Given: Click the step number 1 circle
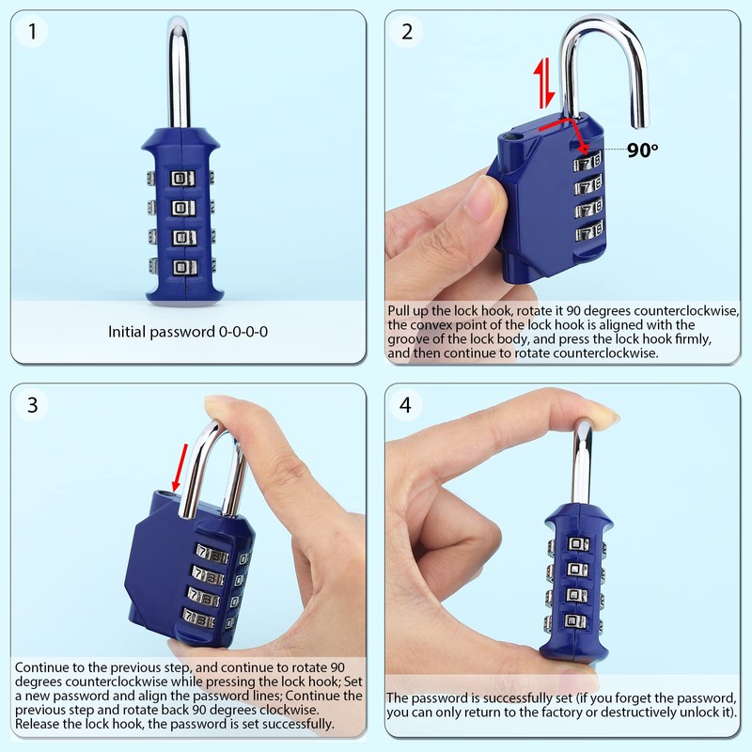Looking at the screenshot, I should pos(33,32).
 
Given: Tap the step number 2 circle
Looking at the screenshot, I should pos(407,32).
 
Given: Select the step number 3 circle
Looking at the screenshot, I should pos(33,405).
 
